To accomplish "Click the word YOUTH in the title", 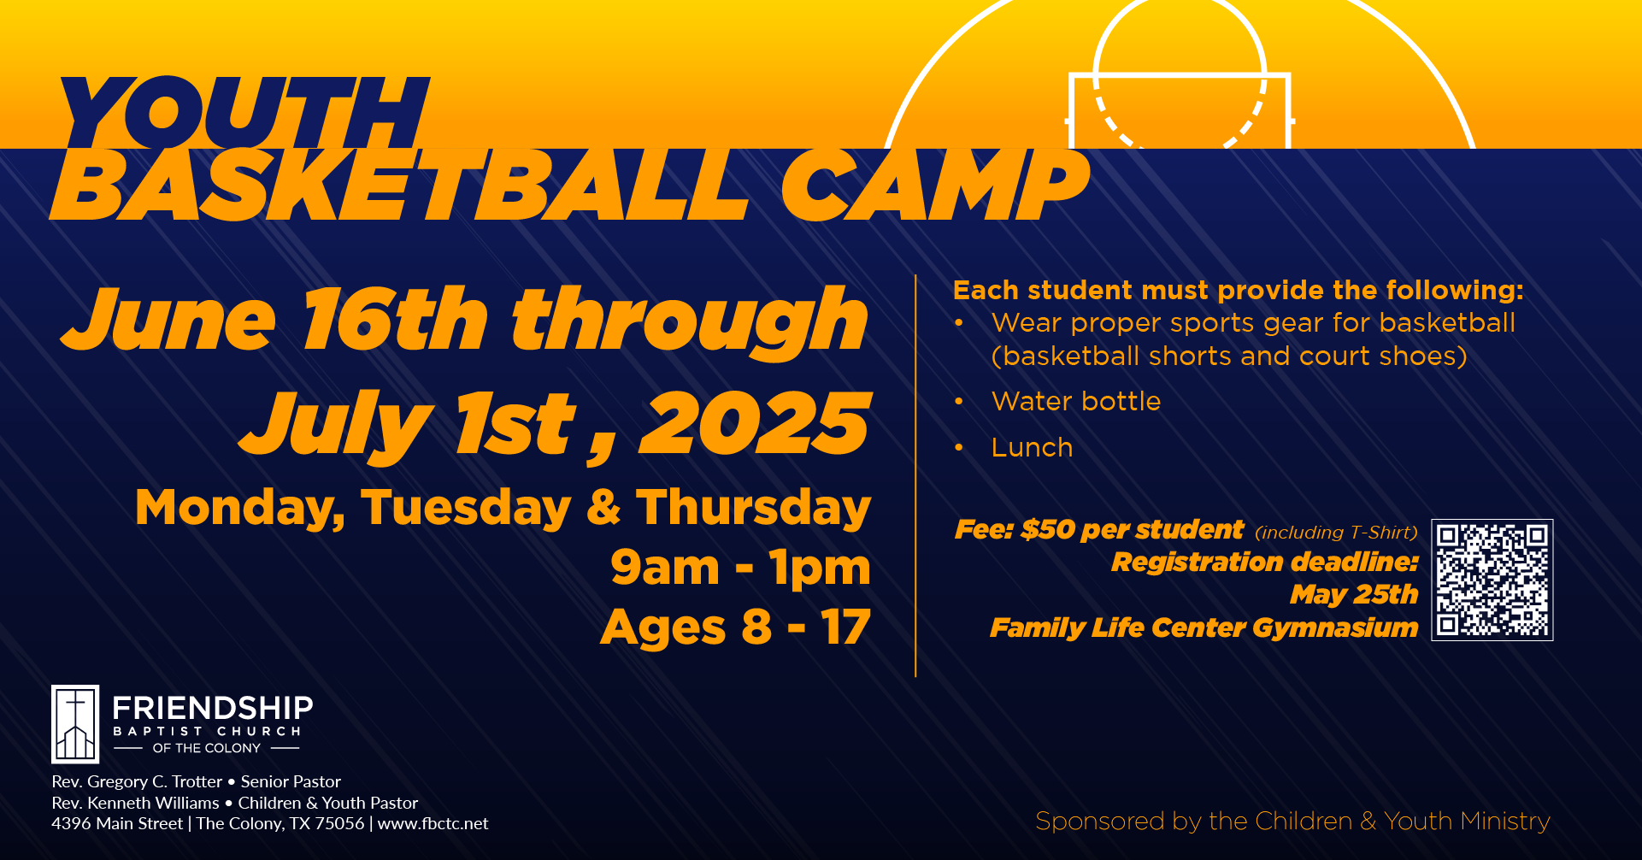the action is [x=244, y=113].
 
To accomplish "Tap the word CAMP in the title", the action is [x=935, y=186].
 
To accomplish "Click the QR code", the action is [x=1492, y=580].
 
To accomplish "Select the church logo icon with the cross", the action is [x=75, y=724].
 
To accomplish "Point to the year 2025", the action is [x=756, y=424].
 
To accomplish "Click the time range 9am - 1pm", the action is [x=741, y=568].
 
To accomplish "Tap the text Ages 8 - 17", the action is [x=736, y=628].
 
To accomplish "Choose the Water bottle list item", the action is [x=1076, y=401].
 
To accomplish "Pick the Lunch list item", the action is [x=1032, y=447].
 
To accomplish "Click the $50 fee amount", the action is [x=1048, y=530].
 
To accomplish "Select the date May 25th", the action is [x=1354, y=594].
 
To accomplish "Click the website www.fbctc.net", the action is [x=433, y=823].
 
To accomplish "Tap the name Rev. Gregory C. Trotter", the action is [x=137, y=781].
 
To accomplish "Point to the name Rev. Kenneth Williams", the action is [x=135, y=803].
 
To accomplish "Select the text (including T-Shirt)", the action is [x=1336, y=533].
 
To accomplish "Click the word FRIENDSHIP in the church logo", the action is [x=213, y=708].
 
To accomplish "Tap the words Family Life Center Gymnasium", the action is [x=1204, y=628].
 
